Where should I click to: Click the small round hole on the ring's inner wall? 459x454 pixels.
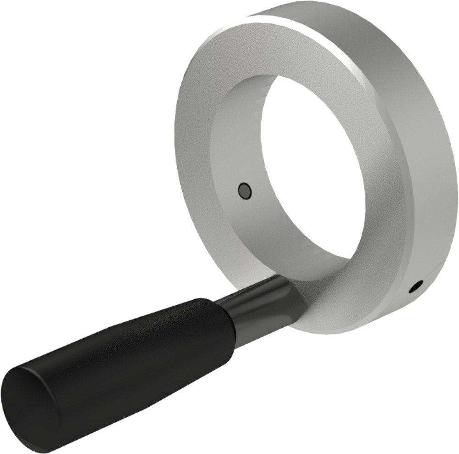(245, 191)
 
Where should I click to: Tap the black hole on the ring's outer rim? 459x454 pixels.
(415, 286)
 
